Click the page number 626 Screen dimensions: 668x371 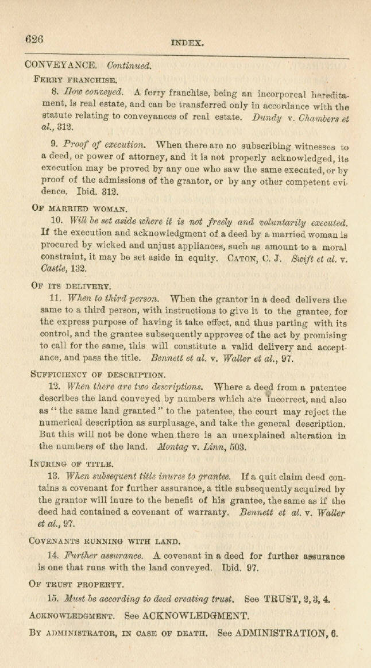[x=34, y=39]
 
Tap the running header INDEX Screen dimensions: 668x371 [x=188, y=42]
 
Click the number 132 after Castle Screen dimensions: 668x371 [x=71, y=271]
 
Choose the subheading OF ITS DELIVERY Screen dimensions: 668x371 [x=72, y=285]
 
